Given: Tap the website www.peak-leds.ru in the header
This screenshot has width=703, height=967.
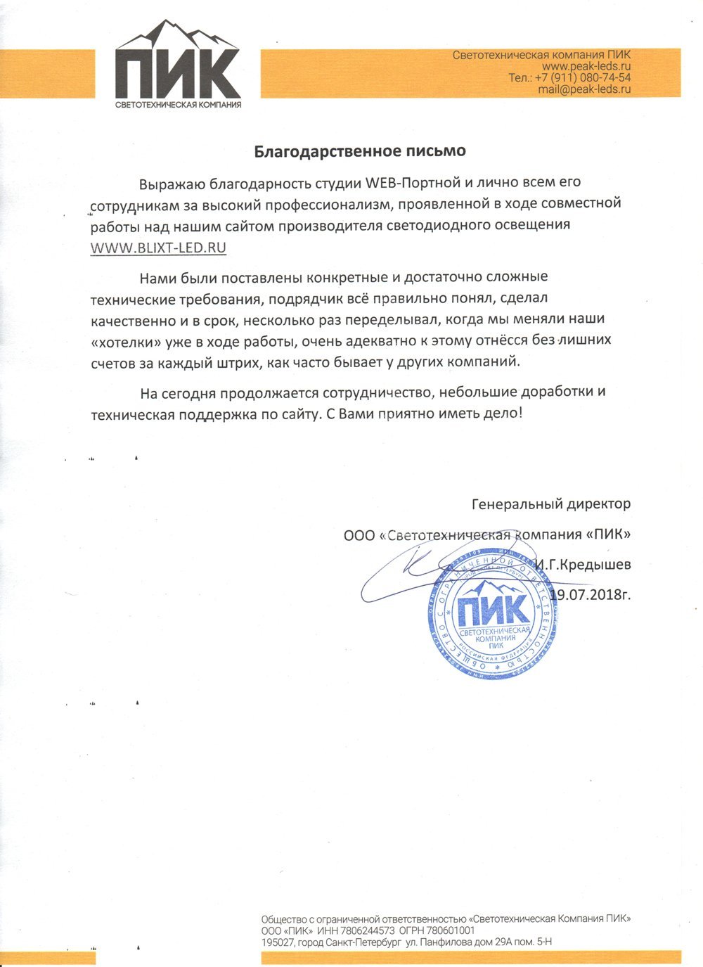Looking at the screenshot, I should coord(591,66).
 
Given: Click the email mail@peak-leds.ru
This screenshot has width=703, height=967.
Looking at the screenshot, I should coord(584,89).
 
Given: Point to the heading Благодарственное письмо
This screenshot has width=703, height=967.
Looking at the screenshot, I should coord(359,151).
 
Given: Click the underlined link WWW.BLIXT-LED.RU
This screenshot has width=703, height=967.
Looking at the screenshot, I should coord(158,248).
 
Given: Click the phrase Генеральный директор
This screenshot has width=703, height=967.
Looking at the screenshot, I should coord(551,504).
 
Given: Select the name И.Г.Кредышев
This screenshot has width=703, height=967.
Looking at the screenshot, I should coord(582,564).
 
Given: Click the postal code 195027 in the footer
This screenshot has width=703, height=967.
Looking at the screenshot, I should coord(277,942).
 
